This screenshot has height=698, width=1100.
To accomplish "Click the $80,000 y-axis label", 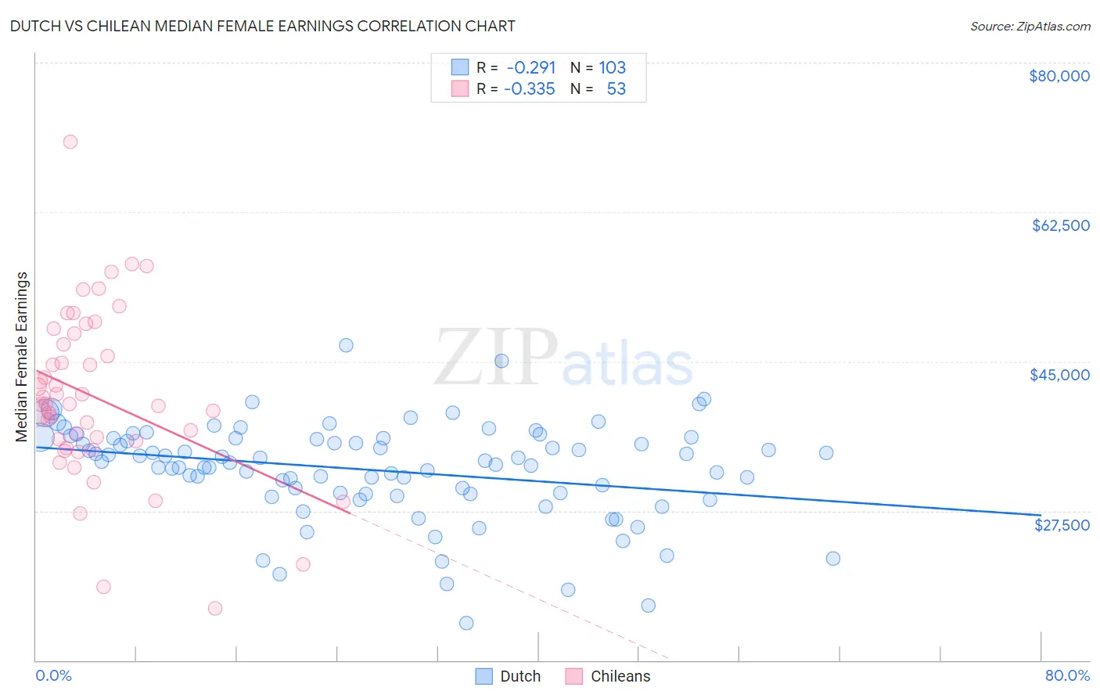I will click(x=1059, y=76).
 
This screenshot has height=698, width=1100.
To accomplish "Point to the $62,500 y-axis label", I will click(x=1060, y=225).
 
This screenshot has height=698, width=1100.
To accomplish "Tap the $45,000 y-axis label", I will click(x=1059, y=375).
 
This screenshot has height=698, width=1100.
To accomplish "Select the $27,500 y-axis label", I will click(x=1062, y=525).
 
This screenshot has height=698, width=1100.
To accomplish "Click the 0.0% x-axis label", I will click(x=53, y=675).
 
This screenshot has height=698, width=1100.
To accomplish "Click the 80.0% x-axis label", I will click(x=1067, y=675).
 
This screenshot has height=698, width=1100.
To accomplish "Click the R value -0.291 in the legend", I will click(x=531, y=67).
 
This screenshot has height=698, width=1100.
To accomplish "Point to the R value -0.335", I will click(x=530, y=89).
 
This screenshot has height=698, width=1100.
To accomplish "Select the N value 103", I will click(x=613, y=67).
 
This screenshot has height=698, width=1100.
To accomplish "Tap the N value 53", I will click(x=617, y=89).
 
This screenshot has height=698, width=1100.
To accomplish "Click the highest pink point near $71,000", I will click(x=70, y=142).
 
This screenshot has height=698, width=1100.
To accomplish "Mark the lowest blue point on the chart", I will click(x=466, y=623).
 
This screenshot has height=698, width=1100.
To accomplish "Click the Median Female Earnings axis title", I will click(x=22, y=357).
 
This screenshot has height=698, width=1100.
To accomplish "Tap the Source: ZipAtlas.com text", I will click(x=1030, y=27).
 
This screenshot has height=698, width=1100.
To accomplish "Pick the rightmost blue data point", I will click(x=833, y=559).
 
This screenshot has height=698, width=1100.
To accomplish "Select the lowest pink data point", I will click(x=215, y=608).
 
